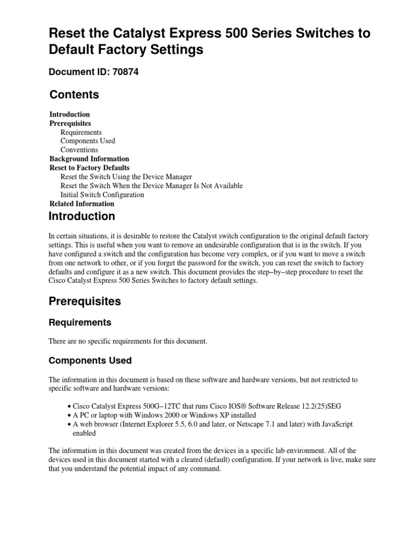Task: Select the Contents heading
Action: [x=74, y=95]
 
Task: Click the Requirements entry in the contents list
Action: [x=81, y=132]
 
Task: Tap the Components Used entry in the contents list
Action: [x=88, y=141]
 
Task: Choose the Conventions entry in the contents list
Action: [x=79, y=150]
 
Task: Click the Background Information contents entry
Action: [x=89, y=159]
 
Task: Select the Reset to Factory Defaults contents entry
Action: [x=89, y=168]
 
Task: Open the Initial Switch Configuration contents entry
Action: [x=102, y=195]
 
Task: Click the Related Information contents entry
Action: [x=81, y=204]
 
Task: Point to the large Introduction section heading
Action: [x=81, y=216]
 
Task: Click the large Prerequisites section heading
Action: [x=85, y=301]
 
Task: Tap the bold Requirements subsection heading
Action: [x=80, y=323]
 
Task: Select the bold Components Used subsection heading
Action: [x=90, y=361]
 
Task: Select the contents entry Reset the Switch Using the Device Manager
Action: [x=126, y=177]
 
